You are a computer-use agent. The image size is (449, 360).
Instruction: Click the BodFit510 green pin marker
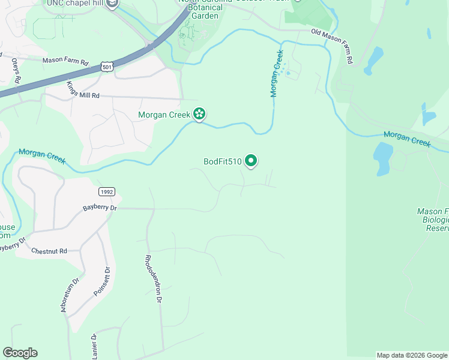tap(252, 161)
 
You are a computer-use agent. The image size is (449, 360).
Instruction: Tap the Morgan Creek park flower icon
tap(199, 114)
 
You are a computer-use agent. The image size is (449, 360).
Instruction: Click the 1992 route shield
tap(106, 191)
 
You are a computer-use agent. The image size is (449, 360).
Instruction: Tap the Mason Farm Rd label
tap(65, 61)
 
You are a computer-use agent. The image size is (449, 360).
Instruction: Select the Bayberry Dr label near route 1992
tap(100, 208)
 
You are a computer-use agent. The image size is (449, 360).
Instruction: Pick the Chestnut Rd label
tap(49, 251)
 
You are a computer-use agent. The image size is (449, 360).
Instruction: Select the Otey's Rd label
tap(16, 70)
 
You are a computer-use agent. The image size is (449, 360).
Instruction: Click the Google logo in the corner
tap(20, 353)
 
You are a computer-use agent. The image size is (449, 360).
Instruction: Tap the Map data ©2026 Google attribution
tap(411, 355)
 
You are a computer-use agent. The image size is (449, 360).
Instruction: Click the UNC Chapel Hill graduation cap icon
tap(111, 4)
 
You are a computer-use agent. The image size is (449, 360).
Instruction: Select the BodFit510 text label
tap(222, 161)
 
